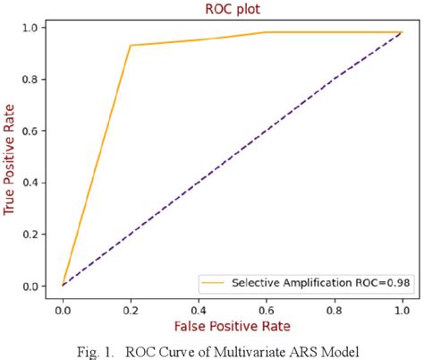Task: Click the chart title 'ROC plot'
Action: click(232, 8)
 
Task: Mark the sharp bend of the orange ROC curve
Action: click(131, 46)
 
